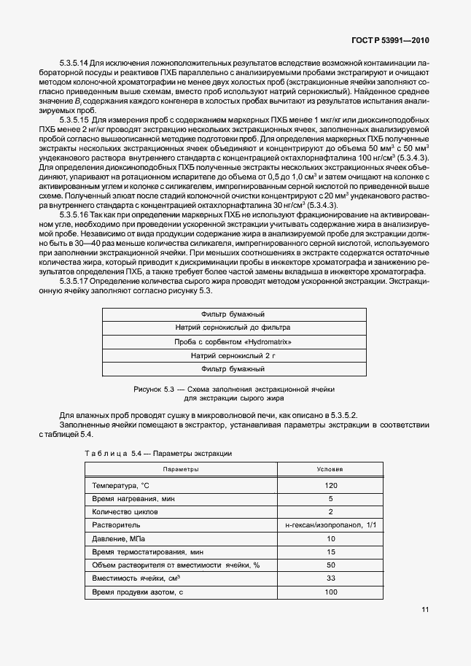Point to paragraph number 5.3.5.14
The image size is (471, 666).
76,63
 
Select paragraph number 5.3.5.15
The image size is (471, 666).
76,118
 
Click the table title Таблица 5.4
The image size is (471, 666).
109,453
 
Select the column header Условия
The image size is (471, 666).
330,469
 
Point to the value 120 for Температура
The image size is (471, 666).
330,485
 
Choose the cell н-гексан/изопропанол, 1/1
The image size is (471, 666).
330,525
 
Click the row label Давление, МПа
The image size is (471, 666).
119,538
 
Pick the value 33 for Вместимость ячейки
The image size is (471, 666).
330,578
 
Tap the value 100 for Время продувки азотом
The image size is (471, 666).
330,592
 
